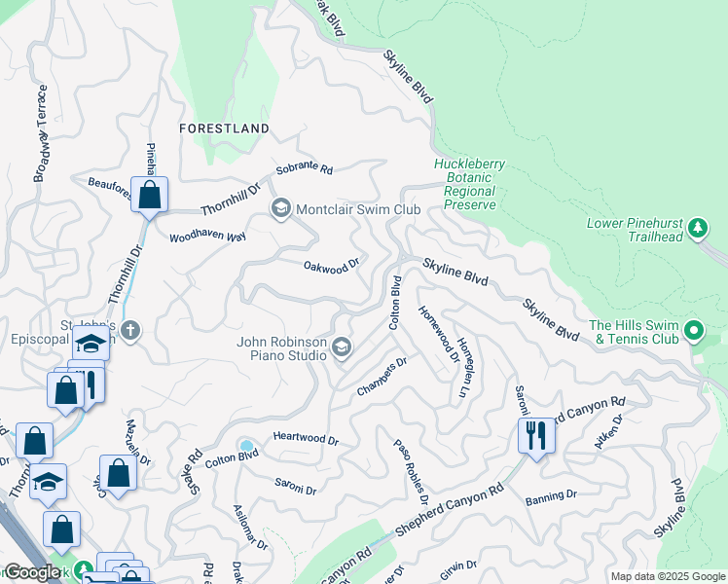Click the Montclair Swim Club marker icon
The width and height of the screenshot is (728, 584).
(281, 209)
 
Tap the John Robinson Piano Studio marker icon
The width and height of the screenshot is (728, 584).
(342, 347)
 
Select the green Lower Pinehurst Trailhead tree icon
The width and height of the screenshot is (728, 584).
(697, 228)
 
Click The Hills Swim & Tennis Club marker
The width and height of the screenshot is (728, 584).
(694, 332)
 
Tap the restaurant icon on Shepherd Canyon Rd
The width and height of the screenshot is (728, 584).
(536, 435)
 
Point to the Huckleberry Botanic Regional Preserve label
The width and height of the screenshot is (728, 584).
(470, 184)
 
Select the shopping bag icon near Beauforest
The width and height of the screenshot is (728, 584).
(149, 195)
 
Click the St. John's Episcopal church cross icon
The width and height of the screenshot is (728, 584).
(131, 331)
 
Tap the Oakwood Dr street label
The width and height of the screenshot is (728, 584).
(332, 265)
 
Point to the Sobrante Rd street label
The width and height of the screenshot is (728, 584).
(304, 168)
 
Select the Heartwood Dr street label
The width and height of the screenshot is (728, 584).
(306, 440)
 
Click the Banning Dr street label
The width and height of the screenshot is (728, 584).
(551, 495)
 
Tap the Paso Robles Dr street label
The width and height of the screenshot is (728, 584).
(410, 472)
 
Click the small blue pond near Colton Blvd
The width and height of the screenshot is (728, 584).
(246, 447)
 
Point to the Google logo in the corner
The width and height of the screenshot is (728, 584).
(32, 572)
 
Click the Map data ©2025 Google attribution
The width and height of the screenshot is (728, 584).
(668, 576)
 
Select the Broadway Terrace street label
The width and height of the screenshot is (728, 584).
(41, 132)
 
